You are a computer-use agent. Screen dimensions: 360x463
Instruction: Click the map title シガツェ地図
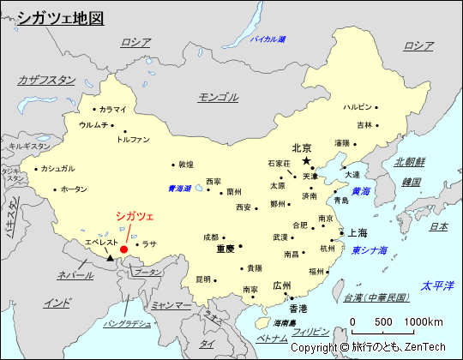pyautogui.click(x=60, y=17)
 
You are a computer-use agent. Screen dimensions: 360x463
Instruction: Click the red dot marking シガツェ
pyautogui.click(x=124, y=249)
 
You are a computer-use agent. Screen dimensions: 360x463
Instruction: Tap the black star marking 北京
pyautogui.click(x=306, y=160)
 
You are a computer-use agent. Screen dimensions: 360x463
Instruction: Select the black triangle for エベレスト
pyautogui.click(x=110, y=257)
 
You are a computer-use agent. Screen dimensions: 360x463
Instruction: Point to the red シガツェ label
pyautogui.click(x=135, y=217)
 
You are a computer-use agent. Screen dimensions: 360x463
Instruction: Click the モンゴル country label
pyautogui.click(x=218, y=96)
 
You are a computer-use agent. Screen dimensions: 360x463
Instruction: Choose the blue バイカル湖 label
pyautogui.click(x=268, y=39)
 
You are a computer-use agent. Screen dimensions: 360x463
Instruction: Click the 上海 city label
pyautogui.click(x=357, y=232)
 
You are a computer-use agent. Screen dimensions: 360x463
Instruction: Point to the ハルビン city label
pyautogui.click(x=358, y=107)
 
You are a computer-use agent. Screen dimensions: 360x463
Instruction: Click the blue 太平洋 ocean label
pyautogui.click(x=436, y=285)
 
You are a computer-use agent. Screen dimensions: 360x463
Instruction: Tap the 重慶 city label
pyautogui.click(x=225, y=249)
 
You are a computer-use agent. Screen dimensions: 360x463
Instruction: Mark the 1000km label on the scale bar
pyautogui.click(x=425, y=321)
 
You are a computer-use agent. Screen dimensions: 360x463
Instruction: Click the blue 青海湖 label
pyautogui.click(x=179, y=189)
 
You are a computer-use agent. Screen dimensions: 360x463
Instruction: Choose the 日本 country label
pyautogui.click(x=438, y=226)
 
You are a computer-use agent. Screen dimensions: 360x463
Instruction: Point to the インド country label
pyautogui.click(x=57, y=303)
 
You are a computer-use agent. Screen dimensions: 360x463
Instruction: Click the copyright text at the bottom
pyautogui.click(x=368, y=348)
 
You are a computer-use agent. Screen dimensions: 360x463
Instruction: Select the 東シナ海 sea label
pyautogui.click(x=369, y=250)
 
